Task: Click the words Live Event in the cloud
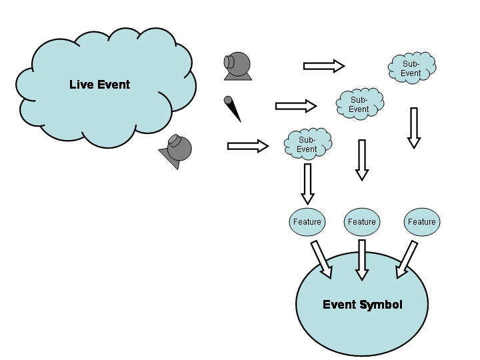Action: click(x=100, y=85)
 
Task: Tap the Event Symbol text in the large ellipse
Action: click(x=363, y=305)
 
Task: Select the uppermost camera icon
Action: click(x=237, y=66)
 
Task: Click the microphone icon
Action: click(x=232, y=109)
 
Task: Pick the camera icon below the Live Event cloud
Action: click(x=177, y=151)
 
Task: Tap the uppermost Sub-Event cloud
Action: click(x=411, y=68)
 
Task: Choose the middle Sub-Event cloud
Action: click(x=359, y=104)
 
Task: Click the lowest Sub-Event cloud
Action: click(x=307, y=144)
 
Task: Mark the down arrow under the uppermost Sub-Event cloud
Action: click(x=414, y=127)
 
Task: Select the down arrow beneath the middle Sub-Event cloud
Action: click(x=362, y=160)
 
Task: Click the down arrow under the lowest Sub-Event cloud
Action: click(x=307, y=184)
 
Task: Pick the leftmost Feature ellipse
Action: click(x=307, y=222)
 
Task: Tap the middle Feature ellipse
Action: click(x=362, y=222)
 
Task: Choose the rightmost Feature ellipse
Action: click(x=422, y=222)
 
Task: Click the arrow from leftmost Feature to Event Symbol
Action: click(x=321, y=259)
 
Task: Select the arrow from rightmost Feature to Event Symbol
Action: click(x=407, y=259)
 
